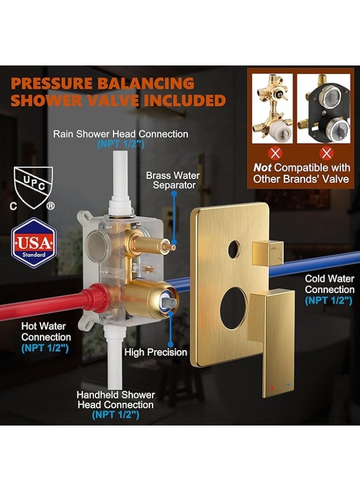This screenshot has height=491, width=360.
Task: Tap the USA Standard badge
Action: pos(33,242)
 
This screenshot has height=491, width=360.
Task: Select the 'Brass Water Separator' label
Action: pos(172,181)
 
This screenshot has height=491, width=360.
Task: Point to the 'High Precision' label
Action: pos(155,352)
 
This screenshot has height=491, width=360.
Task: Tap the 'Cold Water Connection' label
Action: pos(329,289)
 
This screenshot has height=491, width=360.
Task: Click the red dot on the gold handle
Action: pos(272,388)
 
